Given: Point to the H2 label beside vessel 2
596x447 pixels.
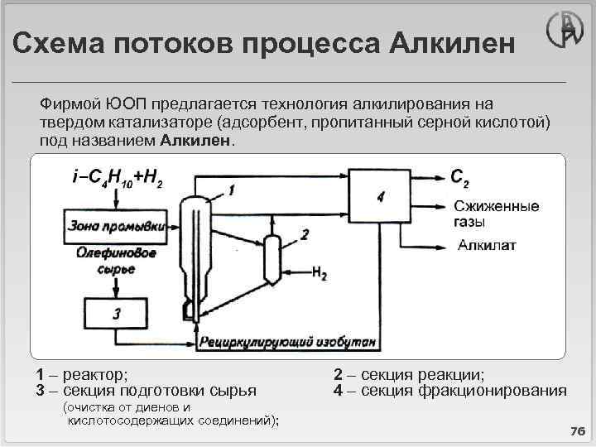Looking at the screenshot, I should [x=319, y=271].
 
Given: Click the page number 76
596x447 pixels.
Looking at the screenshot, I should [x=576, y=431].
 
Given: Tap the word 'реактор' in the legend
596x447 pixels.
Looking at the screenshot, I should [x=95, y=373].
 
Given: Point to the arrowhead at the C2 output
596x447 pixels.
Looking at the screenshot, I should [x=438, y=176].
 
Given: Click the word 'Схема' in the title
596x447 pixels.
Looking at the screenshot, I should [x=55, y=42].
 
